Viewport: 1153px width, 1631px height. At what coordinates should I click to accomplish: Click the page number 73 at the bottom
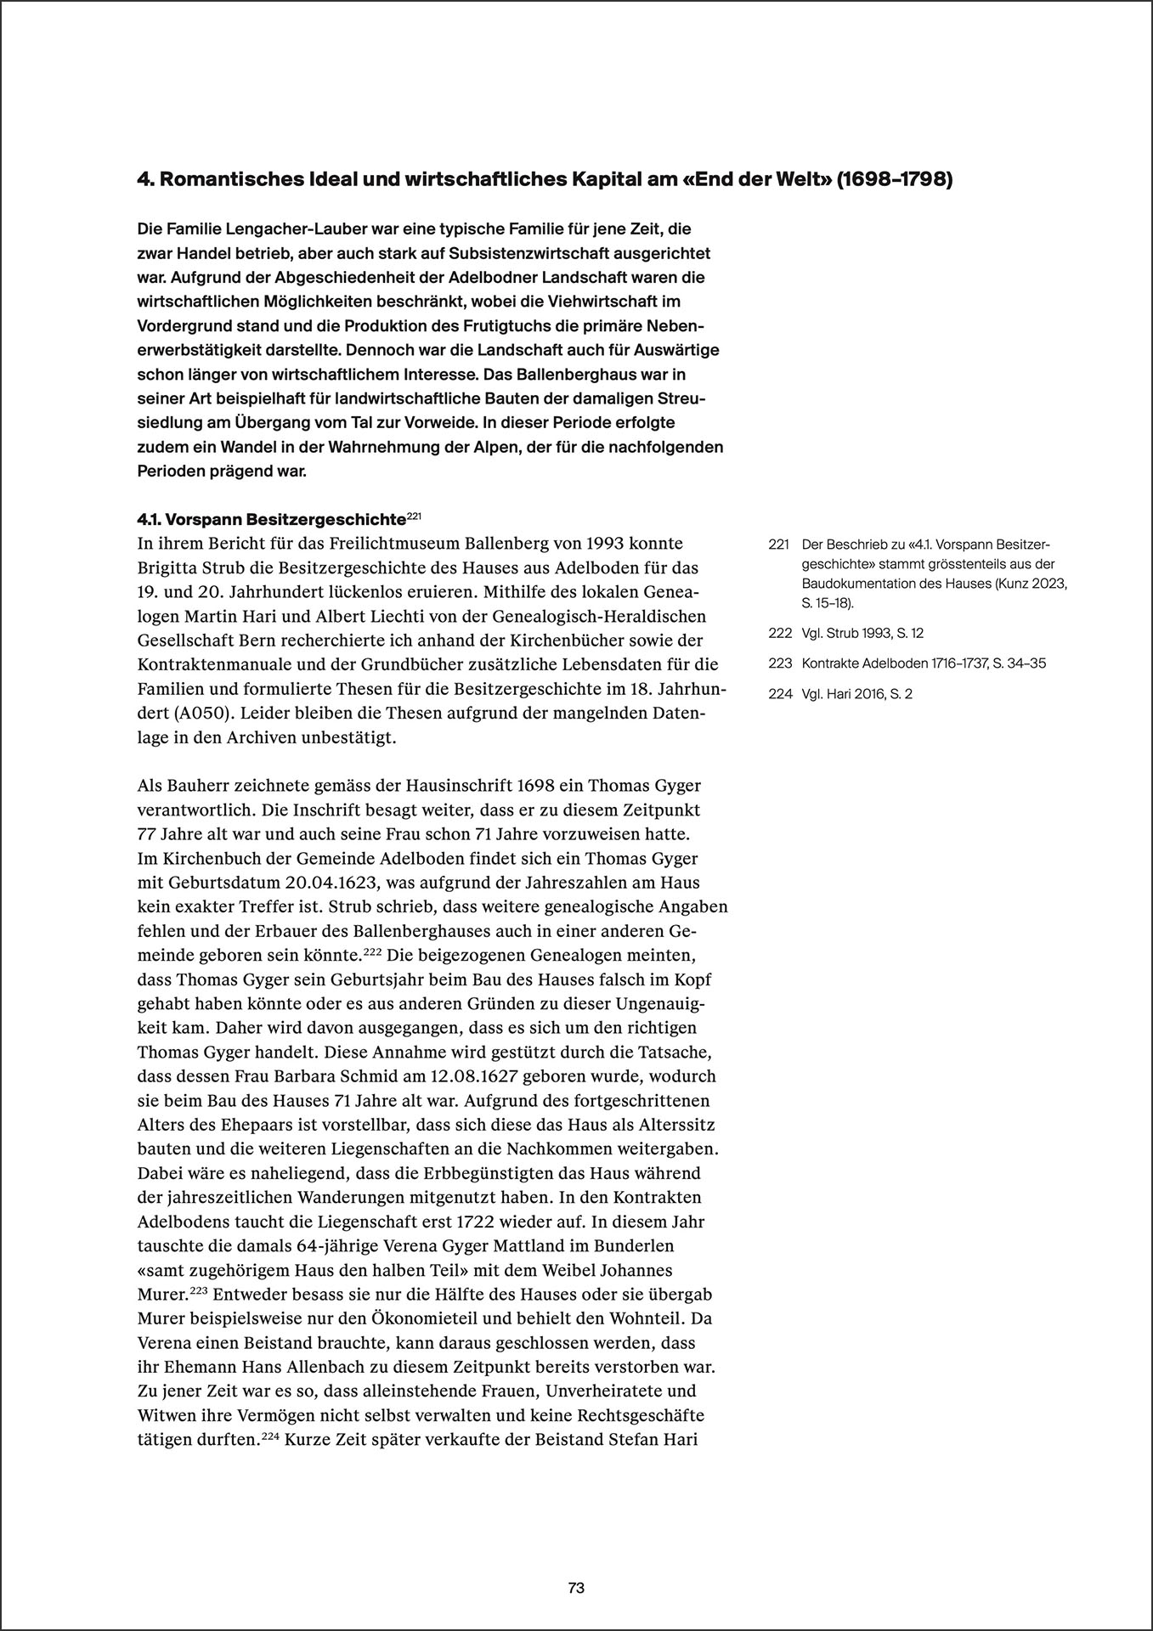[576, 1563]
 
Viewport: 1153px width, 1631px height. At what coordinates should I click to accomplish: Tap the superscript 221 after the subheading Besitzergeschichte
[414, 515]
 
